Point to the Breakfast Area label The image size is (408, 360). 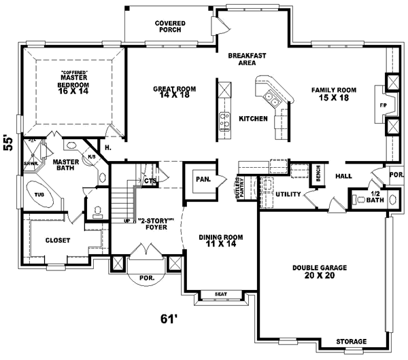(x=245, y=58)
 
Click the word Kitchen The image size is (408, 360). (x=252, y=119)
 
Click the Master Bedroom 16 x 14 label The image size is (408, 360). (x=73, y=82)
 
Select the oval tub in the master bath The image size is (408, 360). (x=40, y=194)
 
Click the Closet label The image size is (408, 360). (x=58, y=240)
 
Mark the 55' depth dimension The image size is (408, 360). (x=9, y=142)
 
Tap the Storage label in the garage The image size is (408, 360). (x=351, y=340)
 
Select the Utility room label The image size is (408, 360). (x=288, y=194)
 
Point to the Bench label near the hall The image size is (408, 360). (x=317, y=173)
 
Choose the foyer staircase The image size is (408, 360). (x=123, y=201)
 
